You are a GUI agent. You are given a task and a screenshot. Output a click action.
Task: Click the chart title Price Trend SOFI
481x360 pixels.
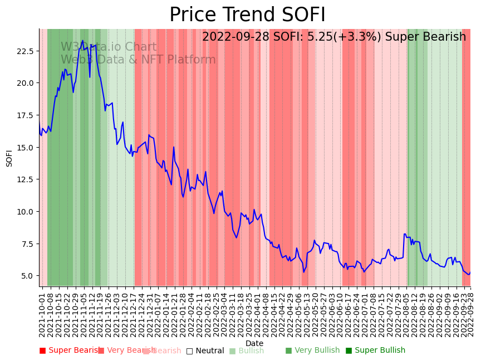pos(247,15)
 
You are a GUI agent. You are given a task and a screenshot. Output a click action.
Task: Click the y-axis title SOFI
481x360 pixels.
pos(9,158)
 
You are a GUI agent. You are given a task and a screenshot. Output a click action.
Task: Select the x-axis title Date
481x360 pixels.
pos(254,343)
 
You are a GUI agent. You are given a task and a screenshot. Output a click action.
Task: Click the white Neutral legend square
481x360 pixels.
pos(189,351)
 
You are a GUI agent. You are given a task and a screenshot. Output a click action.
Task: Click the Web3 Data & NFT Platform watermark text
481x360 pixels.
pos(138,60)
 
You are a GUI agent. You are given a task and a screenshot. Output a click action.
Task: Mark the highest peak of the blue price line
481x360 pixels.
pos(82,40)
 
